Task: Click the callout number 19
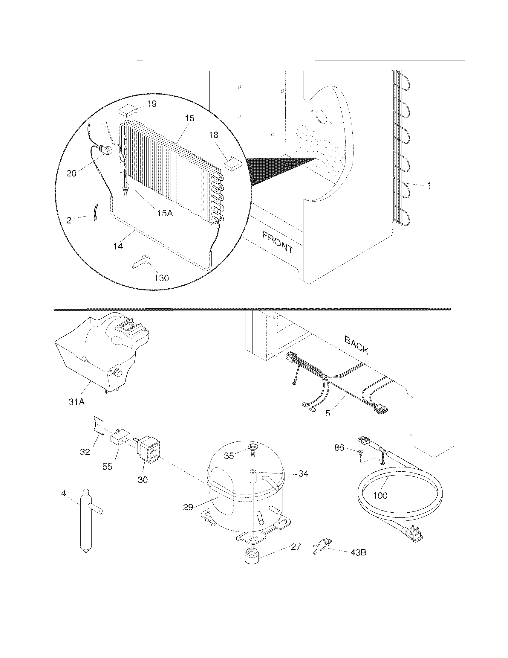click(152, 104)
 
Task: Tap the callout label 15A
click(165, 213)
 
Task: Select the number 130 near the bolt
click(161, 278)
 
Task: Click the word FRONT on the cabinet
click(277, 242)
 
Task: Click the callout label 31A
click(76, 402)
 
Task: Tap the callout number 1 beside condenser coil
click(428, 186)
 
